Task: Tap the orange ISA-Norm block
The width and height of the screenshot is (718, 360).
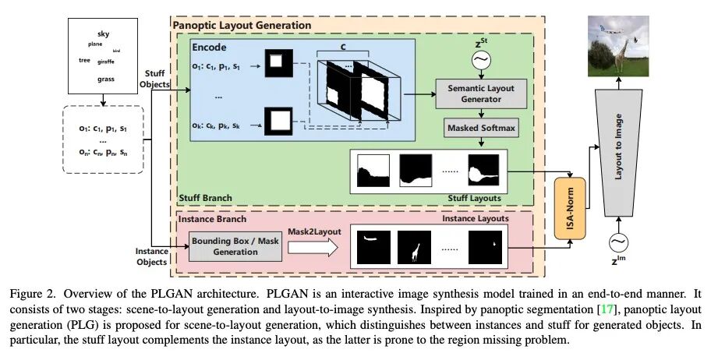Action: [570, 208]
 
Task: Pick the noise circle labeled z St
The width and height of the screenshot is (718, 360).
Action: [481, 58]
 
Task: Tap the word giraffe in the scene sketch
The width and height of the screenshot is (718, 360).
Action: [105, 61]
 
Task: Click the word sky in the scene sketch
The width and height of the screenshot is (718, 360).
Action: [104, 34]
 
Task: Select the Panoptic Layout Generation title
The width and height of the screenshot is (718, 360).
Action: [242, 26]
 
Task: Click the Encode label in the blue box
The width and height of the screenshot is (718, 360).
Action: [210, 48]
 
